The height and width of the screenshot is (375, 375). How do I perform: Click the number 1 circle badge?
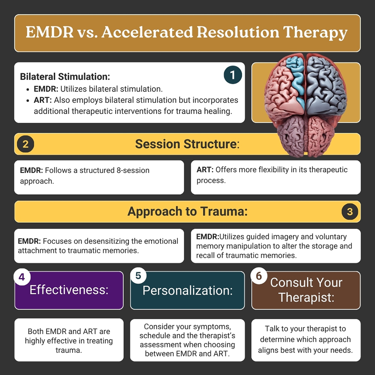[233, 75]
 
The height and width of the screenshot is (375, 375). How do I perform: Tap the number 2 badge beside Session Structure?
[25, 144]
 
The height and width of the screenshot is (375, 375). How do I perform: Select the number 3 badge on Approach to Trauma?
[349, 211]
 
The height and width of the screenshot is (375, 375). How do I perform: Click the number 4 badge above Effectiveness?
[22, 277]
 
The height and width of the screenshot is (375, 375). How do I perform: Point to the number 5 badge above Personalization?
[138, 276]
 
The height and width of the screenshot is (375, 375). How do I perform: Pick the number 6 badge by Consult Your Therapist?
[259, 276]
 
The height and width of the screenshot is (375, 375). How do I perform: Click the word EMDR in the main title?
[49, 32]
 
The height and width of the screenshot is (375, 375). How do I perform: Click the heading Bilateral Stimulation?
[65, 76]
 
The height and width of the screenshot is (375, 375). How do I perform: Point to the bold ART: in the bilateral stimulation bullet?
[43, 100]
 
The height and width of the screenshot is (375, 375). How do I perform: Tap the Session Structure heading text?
[187, 144]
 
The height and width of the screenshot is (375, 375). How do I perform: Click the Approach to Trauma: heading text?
[187, 211]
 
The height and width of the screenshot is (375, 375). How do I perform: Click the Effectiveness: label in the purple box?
[69, 289]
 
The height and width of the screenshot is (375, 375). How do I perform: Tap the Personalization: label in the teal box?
[187, 290]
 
